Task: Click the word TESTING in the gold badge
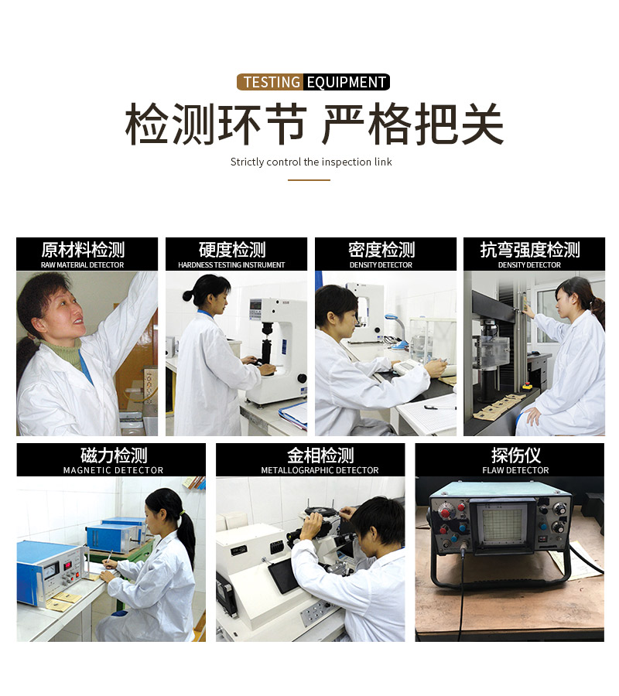click(x=272, y=82)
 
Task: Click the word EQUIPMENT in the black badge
click(x=347, y=82)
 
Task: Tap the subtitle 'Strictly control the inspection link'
click(x=311, y=162)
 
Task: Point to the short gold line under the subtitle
click(x=309, y=179)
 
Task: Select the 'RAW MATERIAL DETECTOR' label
click(x=83, y=265)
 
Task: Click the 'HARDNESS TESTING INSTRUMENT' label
click(x=231, y=265)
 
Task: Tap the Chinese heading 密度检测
click(x=381, y=250)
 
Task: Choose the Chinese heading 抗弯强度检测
click(x=530, y=250)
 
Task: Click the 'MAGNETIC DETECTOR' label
click(x=113, y=470)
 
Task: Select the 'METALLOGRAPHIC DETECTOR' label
click(x=320, y=470)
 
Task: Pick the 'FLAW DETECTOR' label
click(x=515, y=470)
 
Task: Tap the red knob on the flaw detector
click(x=445, y=513)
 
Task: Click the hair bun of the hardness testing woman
click(x=187, y=295)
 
